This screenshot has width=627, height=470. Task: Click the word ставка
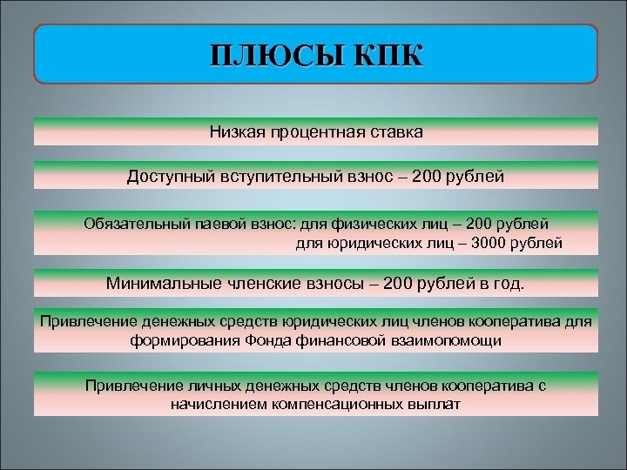(x=393, y=133)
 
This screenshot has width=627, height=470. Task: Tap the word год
(x=509, y=284)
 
